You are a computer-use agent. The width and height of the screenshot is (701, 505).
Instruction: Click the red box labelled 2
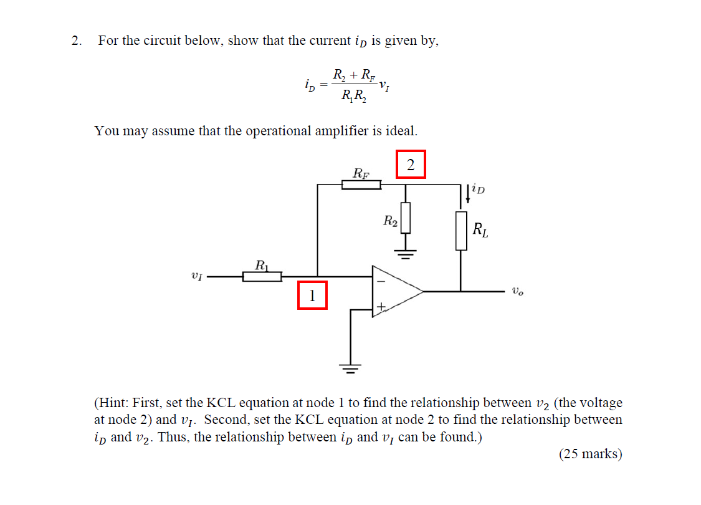tap(410, 165)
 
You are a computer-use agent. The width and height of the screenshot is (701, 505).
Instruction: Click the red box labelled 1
tap(312, 296)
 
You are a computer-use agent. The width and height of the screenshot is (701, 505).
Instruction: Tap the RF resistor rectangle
tap(361, 185)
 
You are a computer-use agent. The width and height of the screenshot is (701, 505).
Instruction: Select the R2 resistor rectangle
tap(406, 217)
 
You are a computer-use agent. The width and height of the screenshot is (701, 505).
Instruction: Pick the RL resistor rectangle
tap(461, 231)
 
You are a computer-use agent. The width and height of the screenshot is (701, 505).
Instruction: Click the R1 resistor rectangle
tap(262, 276)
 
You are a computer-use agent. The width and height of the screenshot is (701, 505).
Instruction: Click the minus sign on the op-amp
tap(381, 280)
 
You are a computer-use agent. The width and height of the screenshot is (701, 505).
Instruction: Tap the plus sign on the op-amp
tap(381, 306)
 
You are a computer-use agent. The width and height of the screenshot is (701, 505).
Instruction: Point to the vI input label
tap(197, 275)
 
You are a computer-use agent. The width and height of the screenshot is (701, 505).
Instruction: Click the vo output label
tap(517, 291)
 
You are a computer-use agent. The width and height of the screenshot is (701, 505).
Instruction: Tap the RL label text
tap(480, 229)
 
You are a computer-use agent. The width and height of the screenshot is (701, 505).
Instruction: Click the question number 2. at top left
tap(77, 41)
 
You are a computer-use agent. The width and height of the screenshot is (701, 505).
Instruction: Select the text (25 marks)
tap(590, 454)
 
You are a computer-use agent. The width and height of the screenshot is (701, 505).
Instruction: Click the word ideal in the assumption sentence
tap(401, 131)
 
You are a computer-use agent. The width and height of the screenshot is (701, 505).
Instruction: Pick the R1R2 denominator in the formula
tap(354, 96)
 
